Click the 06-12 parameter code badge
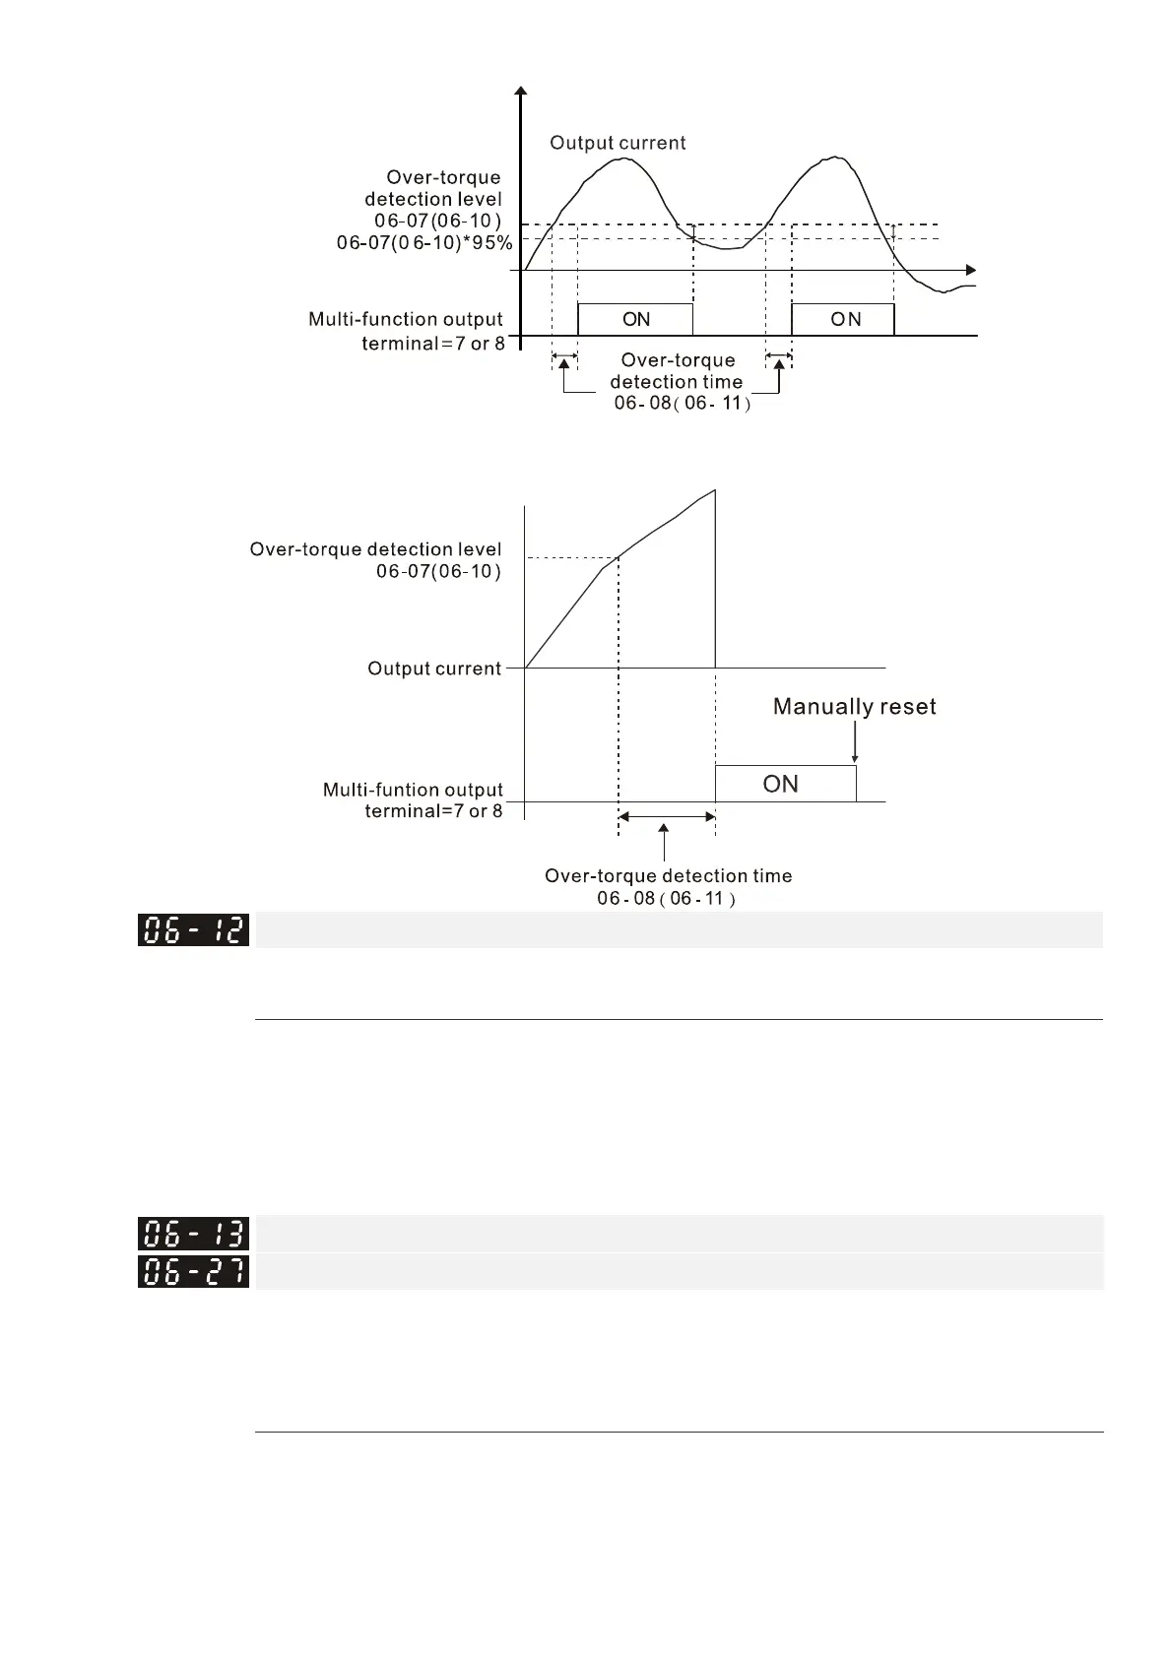click(x=193, y=930)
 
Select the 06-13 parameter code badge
click(x=193, y=1234)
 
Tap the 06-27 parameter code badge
click(x=193, y=1272)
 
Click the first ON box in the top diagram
click(x=635, y=319)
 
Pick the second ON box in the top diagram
click(x=843, y=319)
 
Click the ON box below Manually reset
click(x=785, y=784)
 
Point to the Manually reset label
click(x=854, y=706)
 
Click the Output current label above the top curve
click(x=618, y=143)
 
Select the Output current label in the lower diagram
click(x=434, y=669)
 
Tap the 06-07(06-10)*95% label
click(x=424, y=242)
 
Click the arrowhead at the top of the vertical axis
click(x=520, y=93)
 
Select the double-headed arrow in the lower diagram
click(x=666, y=816)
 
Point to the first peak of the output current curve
click(x=622, y=159)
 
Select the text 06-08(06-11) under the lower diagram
click(x=666, y=898)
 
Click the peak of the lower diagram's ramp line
click(x=714, y=490)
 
